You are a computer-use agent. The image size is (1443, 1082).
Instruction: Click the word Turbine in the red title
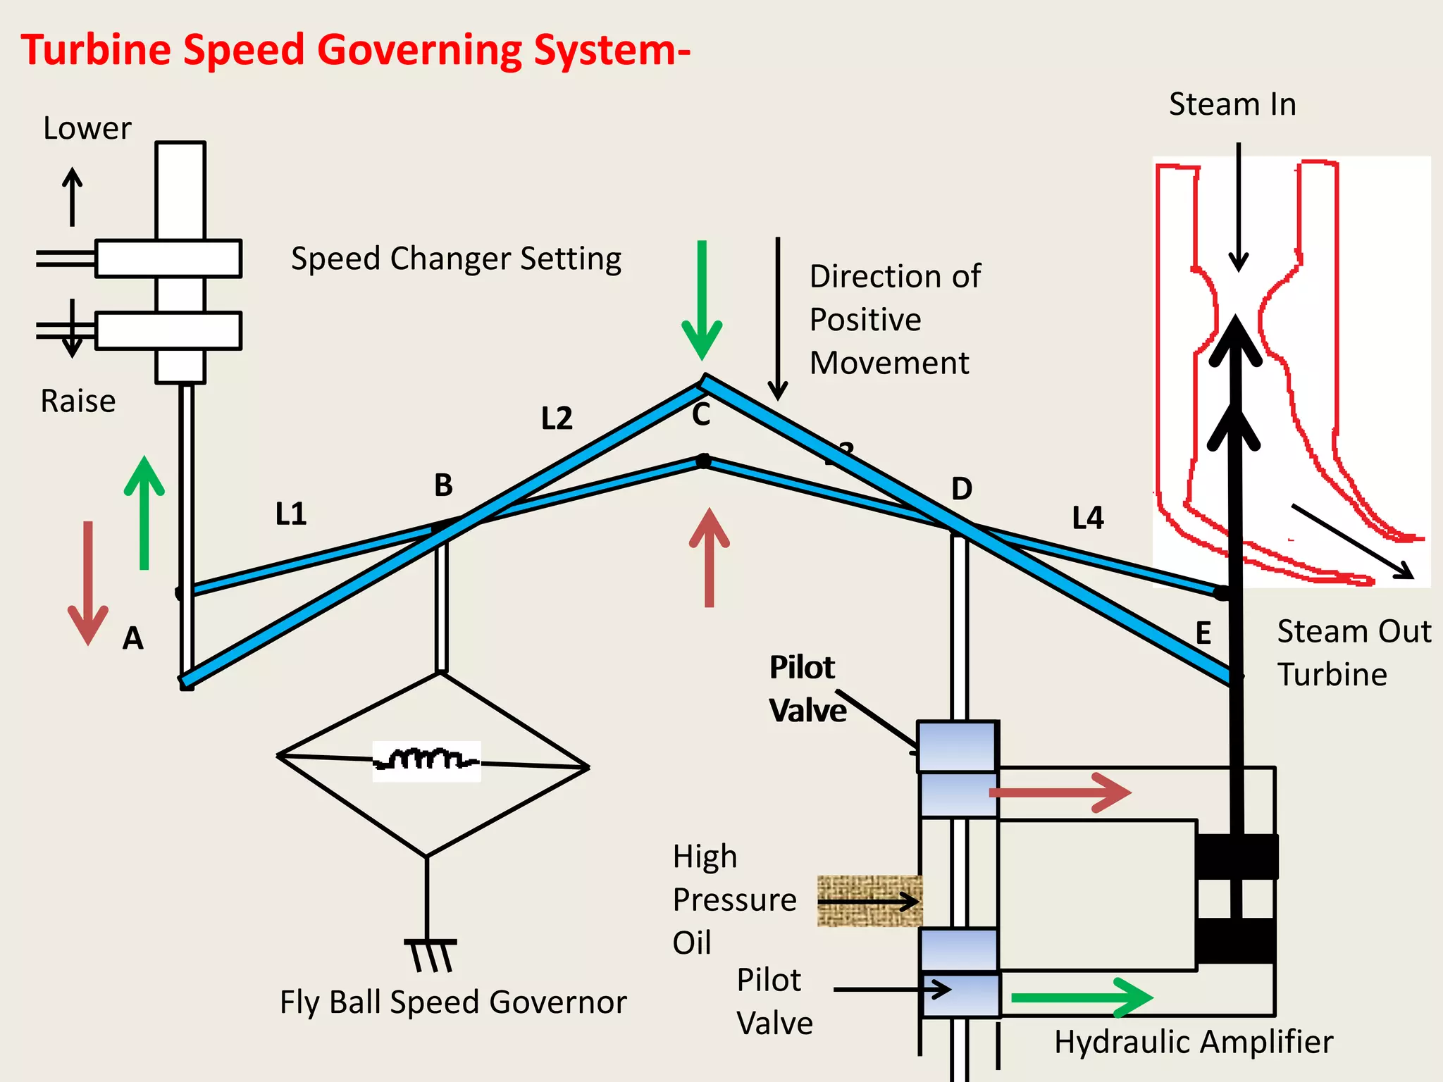[x=96, y=51]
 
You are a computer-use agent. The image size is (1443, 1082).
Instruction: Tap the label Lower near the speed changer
[x=87, y=129]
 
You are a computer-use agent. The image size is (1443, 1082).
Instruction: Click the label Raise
[x=78, y=402]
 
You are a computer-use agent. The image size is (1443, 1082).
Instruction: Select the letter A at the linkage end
[x=132, y=638]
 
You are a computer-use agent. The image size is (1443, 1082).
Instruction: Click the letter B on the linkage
[x=443, y=485]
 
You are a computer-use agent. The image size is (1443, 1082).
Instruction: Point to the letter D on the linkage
[x=961, y=489]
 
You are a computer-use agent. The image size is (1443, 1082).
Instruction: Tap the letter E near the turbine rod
[x=1203, y=633]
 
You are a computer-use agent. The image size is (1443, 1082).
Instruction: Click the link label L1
[x=290, y=514]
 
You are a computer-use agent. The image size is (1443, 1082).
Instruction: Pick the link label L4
[x=1087, y=518]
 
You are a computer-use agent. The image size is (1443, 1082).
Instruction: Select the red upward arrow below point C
[x=709, y=556]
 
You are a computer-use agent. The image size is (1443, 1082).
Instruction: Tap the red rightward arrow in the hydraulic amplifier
[x=1060, y=792]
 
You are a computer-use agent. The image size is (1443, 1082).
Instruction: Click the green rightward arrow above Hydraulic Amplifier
[x=1082, y=997]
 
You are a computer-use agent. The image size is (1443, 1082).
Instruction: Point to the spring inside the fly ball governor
[x=426, y=761]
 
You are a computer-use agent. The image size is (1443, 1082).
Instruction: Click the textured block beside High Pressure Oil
[x=869, y=901]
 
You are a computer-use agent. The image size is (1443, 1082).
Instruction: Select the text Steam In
[x=1232, y=104]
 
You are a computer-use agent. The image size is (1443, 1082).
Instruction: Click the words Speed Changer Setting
[x=456, y=259]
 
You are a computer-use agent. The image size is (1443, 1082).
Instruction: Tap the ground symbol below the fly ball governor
[x=431, y=954]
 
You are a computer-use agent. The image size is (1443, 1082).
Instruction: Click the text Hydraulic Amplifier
[x=1193, y=1042]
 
